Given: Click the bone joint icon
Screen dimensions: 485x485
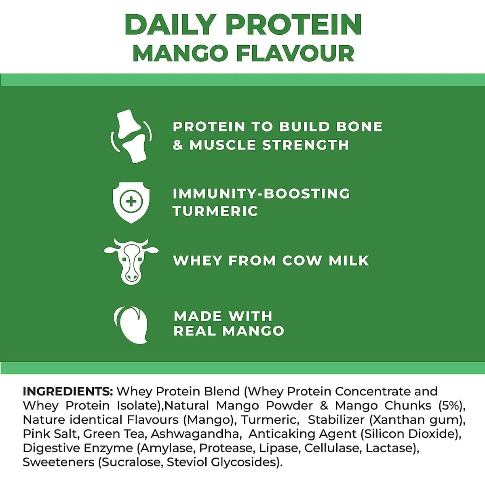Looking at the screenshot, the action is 131,136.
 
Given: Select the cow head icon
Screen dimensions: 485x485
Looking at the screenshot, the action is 131,261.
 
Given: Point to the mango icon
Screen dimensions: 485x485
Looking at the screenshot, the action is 130,325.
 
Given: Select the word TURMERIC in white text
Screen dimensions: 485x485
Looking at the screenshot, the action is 215,211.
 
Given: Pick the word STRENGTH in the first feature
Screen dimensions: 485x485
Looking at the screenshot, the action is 306,145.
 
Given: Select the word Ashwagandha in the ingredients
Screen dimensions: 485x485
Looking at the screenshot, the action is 195,434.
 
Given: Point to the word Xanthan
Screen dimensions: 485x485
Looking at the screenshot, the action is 394,420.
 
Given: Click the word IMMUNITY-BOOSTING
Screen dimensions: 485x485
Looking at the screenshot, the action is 261,194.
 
